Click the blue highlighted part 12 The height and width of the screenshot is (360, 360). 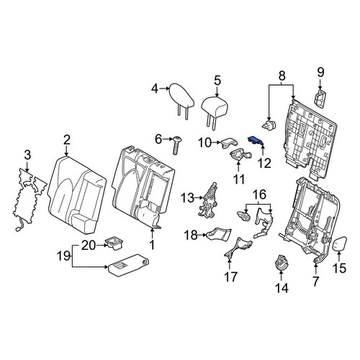click(256, 141)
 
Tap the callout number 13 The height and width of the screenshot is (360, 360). click(187, 198)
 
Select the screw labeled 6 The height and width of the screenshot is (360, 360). click(177, 145)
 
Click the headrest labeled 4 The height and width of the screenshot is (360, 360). click(181, 99)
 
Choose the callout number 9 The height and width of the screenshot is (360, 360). click(320, 72)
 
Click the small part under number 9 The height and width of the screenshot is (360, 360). click(320, 98)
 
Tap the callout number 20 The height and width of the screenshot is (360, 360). click(89, 246)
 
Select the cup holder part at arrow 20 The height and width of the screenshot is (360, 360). click(114, 243)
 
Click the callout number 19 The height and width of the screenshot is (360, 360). click(64, 256)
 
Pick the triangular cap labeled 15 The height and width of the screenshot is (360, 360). click(339, 243)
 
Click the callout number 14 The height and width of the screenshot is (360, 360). click(282, 288)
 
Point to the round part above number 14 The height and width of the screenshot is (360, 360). click(281, 262)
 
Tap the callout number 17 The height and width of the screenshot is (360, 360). click(231, 276)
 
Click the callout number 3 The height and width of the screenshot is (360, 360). click(27, 155)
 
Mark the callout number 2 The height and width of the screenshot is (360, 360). click(66, 140)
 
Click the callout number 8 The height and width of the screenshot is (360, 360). click(282, 76)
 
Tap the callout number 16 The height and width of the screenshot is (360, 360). click(259, 194)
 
